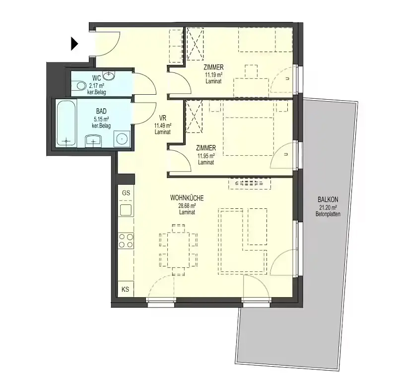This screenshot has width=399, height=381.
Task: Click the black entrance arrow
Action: tap(74, 44)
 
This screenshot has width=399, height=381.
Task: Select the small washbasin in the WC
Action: tap(109, 74)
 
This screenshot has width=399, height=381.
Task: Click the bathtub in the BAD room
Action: tap(66, 124)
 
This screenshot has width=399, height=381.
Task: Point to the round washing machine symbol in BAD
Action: tap(122, 139)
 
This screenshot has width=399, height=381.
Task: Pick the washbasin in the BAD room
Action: tap(93, 141)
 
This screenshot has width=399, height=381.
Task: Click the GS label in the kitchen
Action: tap(126, 193)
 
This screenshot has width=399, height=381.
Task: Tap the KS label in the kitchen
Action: tap(125, 289)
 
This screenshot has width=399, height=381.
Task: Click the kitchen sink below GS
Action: tap(126, 210)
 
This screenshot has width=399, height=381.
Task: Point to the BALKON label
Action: tap(328, 199)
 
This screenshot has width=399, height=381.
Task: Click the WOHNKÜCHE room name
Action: tap(187, 197)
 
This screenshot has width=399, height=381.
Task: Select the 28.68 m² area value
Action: tap(187, 205)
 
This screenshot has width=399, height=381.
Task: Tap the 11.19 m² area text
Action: tap(213, 75)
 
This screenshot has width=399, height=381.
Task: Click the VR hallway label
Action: tap(163, 118)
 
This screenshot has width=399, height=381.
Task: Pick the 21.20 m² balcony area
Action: tap(328, 207)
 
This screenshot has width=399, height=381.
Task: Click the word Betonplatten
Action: tap(328, 214)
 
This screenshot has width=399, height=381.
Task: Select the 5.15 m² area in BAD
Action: tap(101, 119)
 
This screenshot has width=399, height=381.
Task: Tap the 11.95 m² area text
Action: tap(206, 155)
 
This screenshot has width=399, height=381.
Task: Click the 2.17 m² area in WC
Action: tap(96, 86)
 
